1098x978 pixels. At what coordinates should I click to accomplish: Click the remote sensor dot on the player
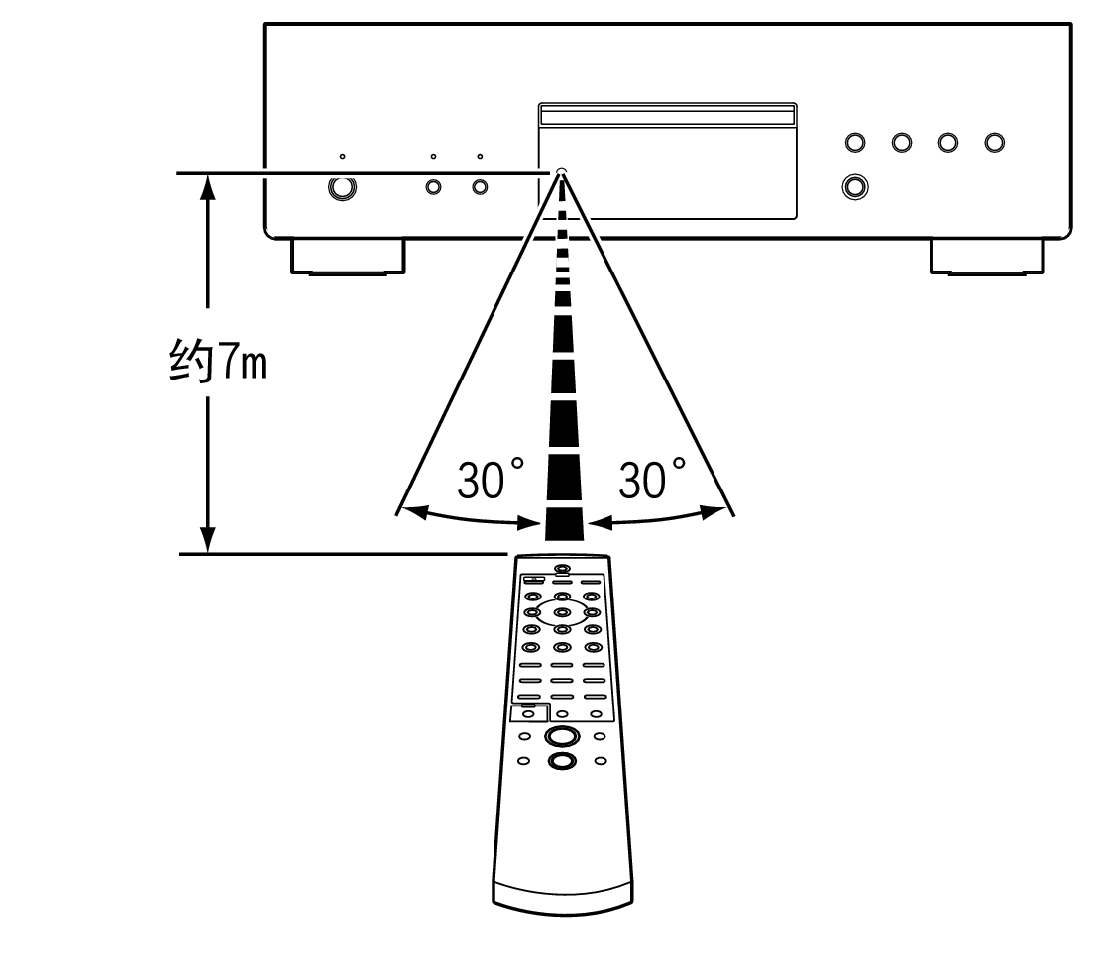click(562, 172)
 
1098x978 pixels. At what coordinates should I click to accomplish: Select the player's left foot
click(348, 256)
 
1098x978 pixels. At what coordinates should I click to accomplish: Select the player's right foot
click(987, 256)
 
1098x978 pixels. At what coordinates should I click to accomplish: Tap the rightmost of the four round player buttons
click(994, 143)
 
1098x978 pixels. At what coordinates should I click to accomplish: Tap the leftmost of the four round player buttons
click(854, 143)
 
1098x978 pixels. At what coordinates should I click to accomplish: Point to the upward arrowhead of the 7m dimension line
click(208, 188)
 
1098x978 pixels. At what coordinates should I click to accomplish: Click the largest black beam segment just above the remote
click(562, 521)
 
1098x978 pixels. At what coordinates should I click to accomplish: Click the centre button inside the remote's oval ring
click(562, 612)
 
